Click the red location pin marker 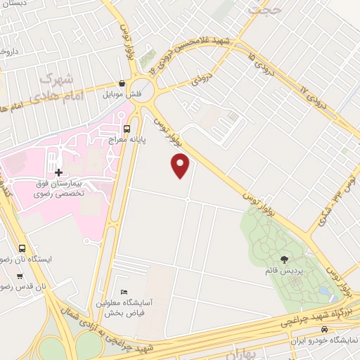click(181, 165)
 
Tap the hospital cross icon click(58, 172)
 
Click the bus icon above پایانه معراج click(127, 129)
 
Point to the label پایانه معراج click(127, 140)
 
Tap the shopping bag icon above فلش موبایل click(122, 83)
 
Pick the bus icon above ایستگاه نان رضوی click(22, 248)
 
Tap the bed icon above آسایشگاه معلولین click(124, 292)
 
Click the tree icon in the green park click(284, 259)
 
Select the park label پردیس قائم click(284, 271)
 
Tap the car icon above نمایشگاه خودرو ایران click(323, 328)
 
